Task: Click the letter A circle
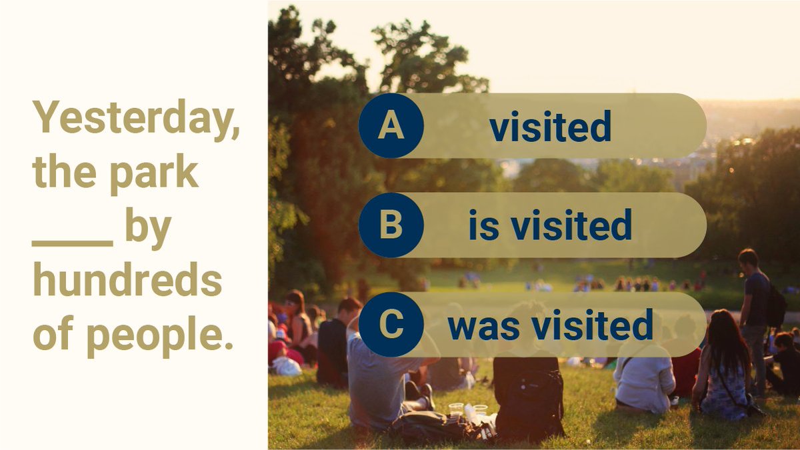point(391,126)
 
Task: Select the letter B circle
point(391,225)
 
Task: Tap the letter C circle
point(391,325)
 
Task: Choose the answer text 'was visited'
point(550,325)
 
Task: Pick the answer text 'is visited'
point(550,226)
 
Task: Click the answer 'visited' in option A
point(550,127)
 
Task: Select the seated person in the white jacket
point(643,377)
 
